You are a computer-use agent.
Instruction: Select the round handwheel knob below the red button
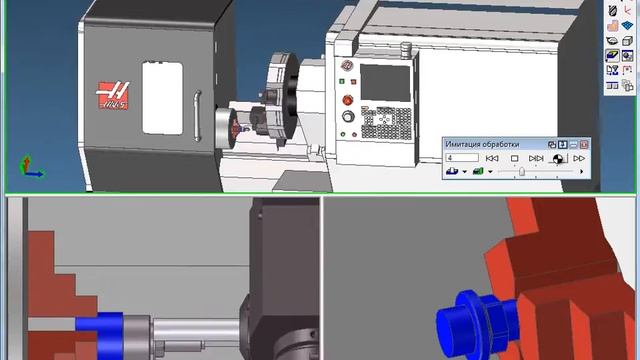click(x=347, y=117)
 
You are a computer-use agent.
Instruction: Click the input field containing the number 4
click(x=462, y=158)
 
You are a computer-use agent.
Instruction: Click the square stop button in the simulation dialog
click(x=515, y=158)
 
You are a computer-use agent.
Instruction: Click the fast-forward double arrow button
click(x=579, y=158)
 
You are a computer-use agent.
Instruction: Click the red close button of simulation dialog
click(x=585, y=145)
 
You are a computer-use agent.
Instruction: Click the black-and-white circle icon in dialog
click(x=558, y=158)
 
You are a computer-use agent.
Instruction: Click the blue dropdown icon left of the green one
click(x=453, y=172)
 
